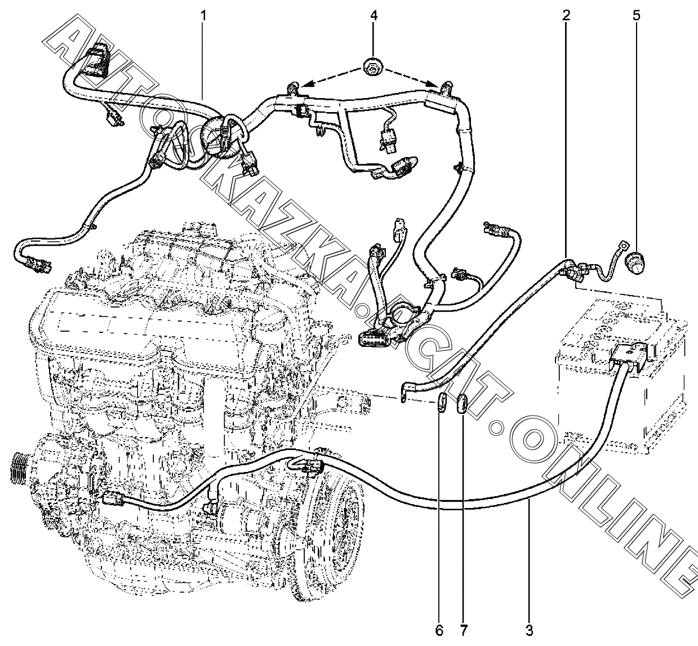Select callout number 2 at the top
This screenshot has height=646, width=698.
coord(566,16)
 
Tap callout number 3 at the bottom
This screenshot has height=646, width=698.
coord(528,629)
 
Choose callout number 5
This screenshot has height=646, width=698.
coord(636,16)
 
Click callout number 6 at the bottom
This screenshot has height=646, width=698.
coord(439,629)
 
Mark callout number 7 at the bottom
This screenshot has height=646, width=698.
coord(463,629)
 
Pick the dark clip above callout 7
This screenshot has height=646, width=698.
coord(462,403)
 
